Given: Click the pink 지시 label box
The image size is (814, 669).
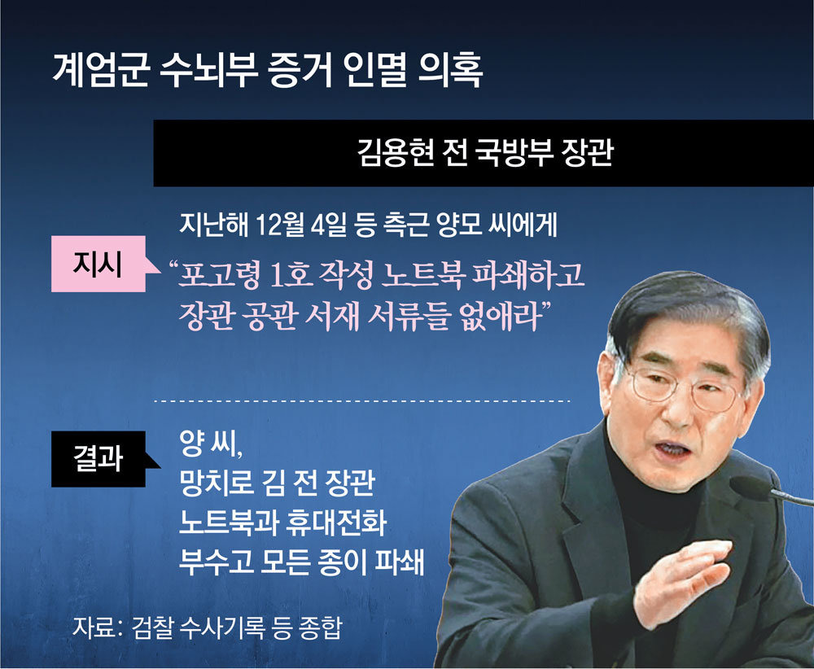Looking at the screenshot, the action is coord(98,264).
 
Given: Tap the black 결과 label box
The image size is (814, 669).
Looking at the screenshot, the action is coord(98,459).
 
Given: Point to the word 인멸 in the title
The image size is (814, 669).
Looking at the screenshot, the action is coord(374,69).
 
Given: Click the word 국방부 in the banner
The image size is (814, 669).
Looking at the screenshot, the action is coord(514,153).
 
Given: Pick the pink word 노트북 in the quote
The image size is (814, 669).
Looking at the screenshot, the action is coord(422,276).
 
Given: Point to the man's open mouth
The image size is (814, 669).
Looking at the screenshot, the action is coord(670,450).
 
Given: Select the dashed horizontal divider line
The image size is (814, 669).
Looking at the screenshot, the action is coord(362,401).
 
